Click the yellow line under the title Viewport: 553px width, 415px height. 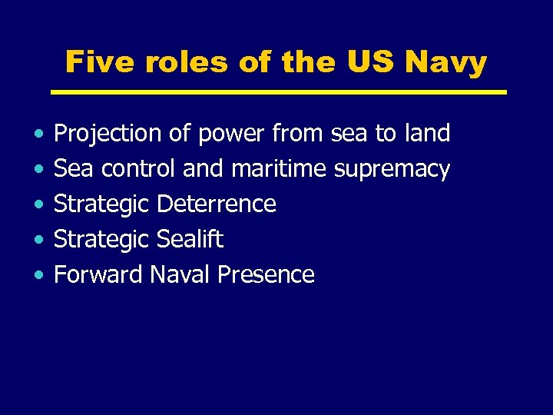pyautogui.click(x=278, y=92)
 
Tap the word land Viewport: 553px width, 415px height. pyautogui.click(x=426, y=134)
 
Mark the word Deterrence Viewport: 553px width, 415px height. pyautogui.click(x=216, y=204)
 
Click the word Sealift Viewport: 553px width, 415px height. pyautogui.click(x=190, y=239)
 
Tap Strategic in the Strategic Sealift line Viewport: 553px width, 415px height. pyautogui.click(x=101, y=240)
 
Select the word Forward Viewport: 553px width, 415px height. pyautogui.click(x=98, y=274)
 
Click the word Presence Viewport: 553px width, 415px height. pyautogui.click(x=266, y=274)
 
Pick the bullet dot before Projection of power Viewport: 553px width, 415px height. pyautogui.click(x=38, y=134)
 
